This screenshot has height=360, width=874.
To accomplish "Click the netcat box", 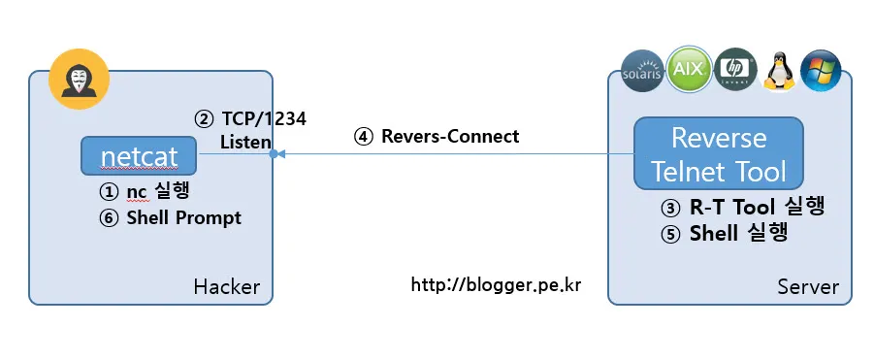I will [140, 154].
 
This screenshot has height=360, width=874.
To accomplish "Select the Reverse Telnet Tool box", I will [718, 153].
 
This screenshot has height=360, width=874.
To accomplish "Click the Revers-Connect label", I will [449, 137].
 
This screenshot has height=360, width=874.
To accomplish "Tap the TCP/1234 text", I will [262, 119].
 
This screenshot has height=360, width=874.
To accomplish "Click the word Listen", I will [244, 142].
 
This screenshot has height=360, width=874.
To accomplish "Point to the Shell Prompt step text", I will [183, 217].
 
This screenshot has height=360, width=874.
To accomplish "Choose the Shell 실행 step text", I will [736, 233].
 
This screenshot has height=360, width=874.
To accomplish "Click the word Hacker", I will [226, 286].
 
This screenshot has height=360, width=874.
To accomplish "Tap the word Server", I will [807, 287].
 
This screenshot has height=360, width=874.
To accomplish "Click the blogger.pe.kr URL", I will [496, 285].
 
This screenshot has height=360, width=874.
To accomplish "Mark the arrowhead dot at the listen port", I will [275, 154].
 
